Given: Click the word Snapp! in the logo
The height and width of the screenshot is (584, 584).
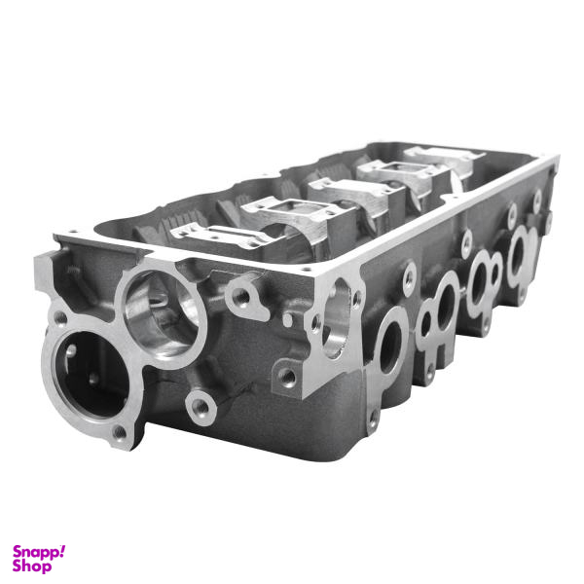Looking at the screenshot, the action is click(39, 552).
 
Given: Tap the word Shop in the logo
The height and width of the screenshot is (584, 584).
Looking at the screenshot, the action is click(32, 566).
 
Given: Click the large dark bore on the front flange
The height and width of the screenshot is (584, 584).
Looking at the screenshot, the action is click(92, 374).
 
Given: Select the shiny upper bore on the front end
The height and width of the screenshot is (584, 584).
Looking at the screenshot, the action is click(161, 312).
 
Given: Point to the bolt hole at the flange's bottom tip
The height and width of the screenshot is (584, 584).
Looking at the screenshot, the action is click(120, 432).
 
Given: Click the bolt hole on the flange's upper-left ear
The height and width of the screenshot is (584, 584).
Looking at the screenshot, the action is click(60, 318).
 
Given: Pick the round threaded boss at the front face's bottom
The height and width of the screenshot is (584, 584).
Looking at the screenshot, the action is click(201, 407).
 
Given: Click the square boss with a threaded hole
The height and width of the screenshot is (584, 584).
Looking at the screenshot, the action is click(287, 377).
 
